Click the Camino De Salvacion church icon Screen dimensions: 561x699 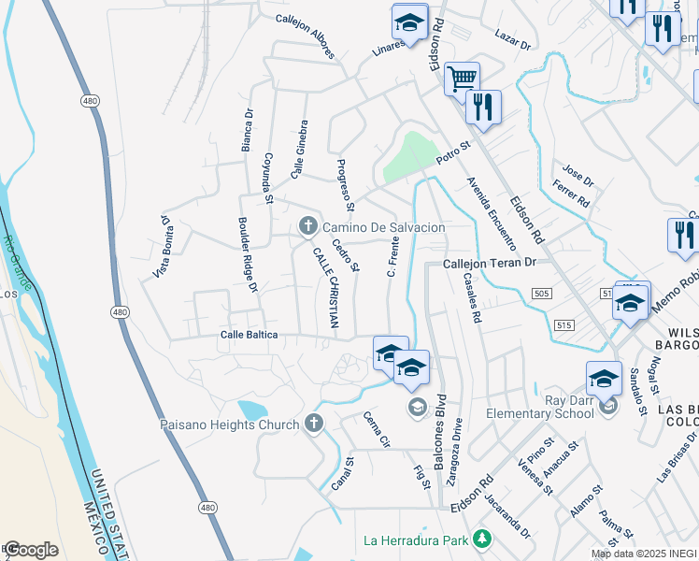pyautogui.click(x=307, y=226)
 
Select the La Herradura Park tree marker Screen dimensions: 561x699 pyautogui.click(x=481, y=539)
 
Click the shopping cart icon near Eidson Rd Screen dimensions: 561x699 pyautogui.click(x=461, y=79)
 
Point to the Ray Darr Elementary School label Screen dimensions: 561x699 pyautogui.click(x=543, y=413)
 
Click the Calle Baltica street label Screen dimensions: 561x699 pyautogui.click(x=250, y=335)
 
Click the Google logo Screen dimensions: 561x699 pyautogui.click(x=30, y=550)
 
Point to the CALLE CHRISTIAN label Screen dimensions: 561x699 pyautogui.click(x=324, y=288)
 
